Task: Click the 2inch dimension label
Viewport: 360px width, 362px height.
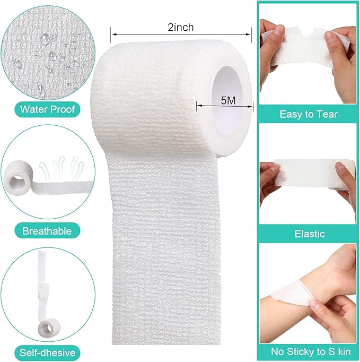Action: (181, 28)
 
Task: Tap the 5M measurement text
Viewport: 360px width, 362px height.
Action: (229, 100)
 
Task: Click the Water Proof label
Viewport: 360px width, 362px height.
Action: (48, 109)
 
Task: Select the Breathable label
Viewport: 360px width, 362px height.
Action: (47, 231)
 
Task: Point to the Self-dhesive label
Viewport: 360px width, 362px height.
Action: (48, 352)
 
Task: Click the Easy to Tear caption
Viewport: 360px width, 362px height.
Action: (309, 114)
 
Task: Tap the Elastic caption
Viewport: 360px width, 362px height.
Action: (310, 234)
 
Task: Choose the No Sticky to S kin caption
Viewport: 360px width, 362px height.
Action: (311, 351)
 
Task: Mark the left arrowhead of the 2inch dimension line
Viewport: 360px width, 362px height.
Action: (113, 35)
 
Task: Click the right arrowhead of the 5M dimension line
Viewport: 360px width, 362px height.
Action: (250, 107)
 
